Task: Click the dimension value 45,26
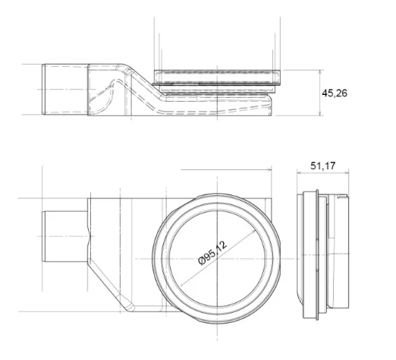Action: coord(335,93)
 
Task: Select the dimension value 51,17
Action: coord(323,166)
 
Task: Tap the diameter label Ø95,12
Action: coord(212,252)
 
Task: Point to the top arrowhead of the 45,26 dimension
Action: coord(320,72)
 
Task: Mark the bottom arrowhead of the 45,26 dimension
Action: coord(320,114)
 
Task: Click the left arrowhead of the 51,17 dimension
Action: coord(299,173)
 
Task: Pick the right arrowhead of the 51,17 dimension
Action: coord(346,173)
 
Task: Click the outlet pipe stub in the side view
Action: coord(65,90)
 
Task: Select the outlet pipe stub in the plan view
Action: coord(65,236)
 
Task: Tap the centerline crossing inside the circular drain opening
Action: coord(217,259)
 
